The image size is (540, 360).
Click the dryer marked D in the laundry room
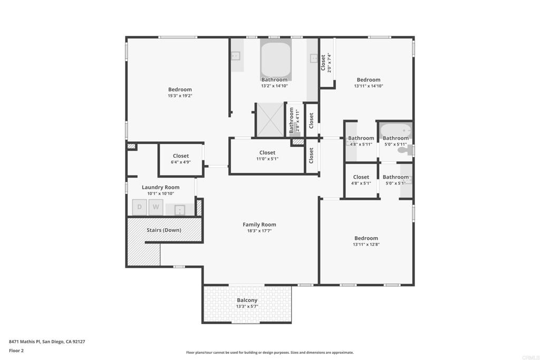139,207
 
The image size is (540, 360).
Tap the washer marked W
156,207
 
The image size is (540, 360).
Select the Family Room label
259,225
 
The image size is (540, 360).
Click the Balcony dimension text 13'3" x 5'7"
247,306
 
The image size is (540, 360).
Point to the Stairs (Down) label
164,230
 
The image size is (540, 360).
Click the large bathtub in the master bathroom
276,59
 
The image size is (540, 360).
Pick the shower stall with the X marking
271,120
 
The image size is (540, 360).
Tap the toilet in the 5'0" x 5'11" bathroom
403,150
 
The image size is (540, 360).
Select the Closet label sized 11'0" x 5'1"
267,152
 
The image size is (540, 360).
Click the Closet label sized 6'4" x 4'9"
181,156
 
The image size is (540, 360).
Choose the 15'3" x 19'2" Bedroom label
180,90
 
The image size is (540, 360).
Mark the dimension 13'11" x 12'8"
366,245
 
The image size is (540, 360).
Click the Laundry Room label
160,187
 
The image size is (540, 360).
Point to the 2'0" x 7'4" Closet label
323,63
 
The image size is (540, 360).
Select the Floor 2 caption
16,351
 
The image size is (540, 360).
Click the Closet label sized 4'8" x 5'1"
361,177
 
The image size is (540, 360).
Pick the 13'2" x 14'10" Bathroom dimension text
274,86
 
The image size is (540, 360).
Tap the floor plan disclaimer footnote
269,353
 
